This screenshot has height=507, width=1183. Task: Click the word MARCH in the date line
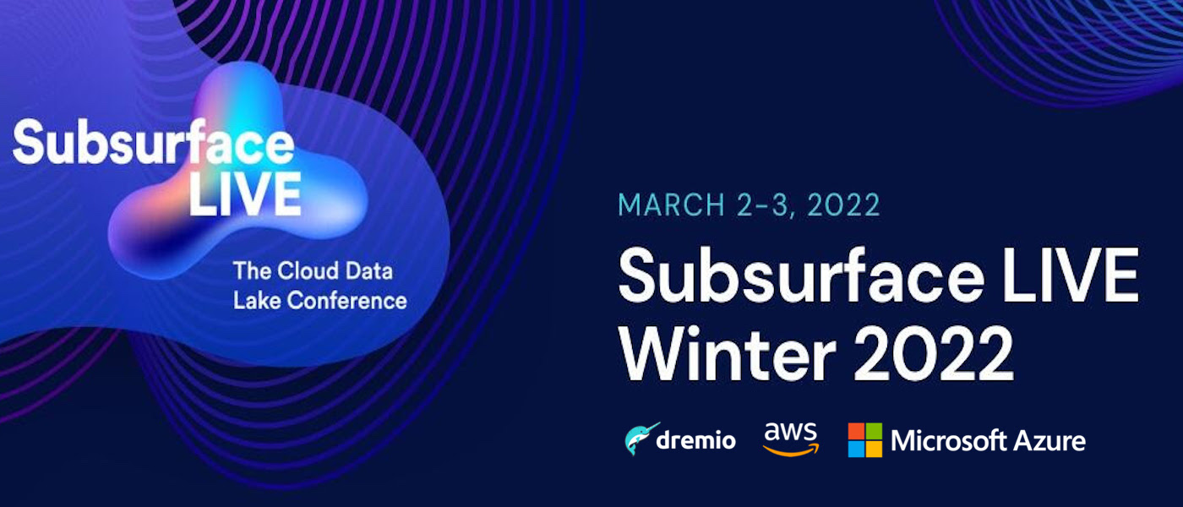(x=671, y=204)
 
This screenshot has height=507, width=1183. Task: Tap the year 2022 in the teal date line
(x=843, y=204)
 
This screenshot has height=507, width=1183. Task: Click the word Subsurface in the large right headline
(x=801, y=275)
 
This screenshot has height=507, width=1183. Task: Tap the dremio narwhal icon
(x=641, y=439)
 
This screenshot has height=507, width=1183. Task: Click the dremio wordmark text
(x=695, y=439)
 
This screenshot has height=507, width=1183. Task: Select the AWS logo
(x=791, y=439)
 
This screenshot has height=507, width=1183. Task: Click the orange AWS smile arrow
(x=791, y=450)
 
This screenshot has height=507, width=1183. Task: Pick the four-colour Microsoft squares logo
(x=865, y=440)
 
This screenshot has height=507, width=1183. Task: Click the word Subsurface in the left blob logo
(x=153, y=143)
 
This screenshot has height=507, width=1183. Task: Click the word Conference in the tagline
(x=347, y=301)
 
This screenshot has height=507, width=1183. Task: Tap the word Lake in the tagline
(x=257, y=301)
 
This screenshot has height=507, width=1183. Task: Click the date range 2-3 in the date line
(x=766, y=204)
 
